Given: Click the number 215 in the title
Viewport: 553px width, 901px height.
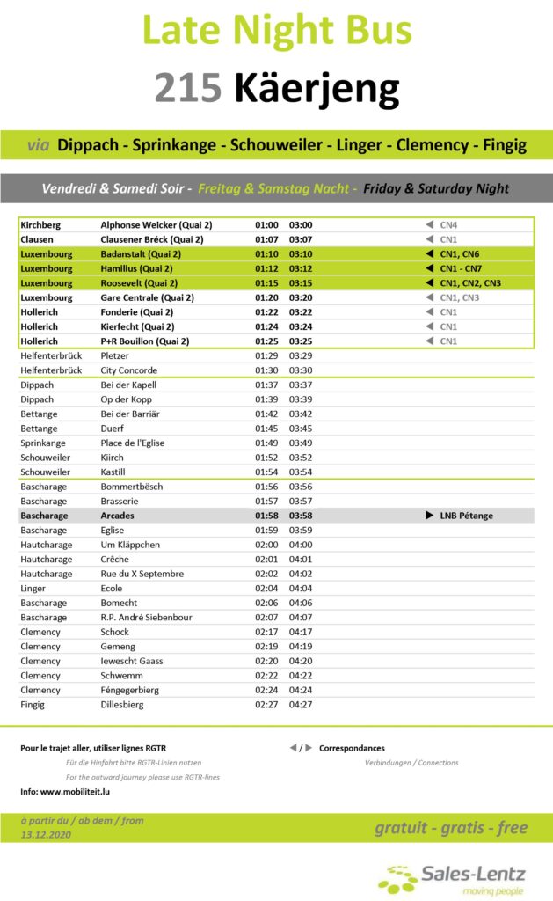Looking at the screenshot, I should (x=188, y=89).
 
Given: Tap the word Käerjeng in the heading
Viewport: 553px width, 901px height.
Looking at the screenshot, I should (x=317, y=89).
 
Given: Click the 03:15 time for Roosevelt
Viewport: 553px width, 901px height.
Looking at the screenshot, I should (x=301, y=283).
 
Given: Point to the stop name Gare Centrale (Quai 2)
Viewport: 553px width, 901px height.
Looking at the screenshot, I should (x=149, y=297).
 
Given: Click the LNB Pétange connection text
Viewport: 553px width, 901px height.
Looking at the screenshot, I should (x=466, y=516).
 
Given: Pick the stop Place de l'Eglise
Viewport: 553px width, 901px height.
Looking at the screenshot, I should (x=133, y=443).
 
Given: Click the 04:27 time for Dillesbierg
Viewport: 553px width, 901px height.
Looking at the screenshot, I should (x=301, y=705).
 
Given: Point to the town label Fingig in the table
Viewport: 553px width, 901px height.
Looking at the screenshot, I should (x=33, y=705).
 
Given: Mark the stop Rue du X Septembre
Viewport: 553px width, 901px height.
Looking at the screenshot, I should (x=142, y=574).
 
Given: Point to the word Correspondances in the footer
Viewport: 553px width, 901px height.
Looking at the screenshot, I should (x=352, y=748).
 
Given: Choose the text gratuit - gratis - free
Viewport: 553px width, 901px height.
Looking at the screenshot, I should (x=451, y=827).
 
